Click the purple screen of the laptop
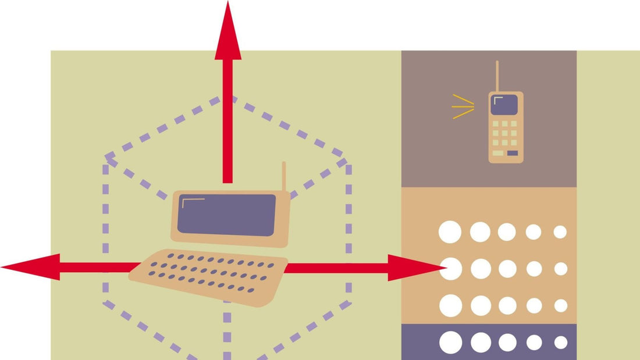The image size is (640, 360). [x=227, y=215]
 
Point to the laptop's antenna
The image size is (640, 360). [x=284, y=176]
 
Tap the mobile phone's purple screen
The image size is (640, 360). [x=504, y=105]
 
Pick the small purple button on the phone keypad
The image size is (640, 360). [x=512, y=153]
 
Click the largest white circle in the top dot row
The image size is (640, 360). [x=450, y=232]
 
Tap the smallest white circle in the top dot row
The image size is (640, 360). [x=560, y=232]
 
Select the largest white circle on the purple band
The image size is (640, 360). [x=450, y=343]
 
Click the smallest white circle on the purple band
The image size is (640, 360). [x=560, y=343]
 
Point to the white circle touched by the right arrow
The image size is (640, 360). [x=450, y=269]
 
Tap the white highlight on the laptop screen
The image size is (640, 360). [x=192, y=201]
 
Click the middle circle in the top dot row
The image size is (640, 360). [x=506, y=232]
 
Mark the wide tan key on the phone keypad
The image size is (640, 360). [x=498, y=153]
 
